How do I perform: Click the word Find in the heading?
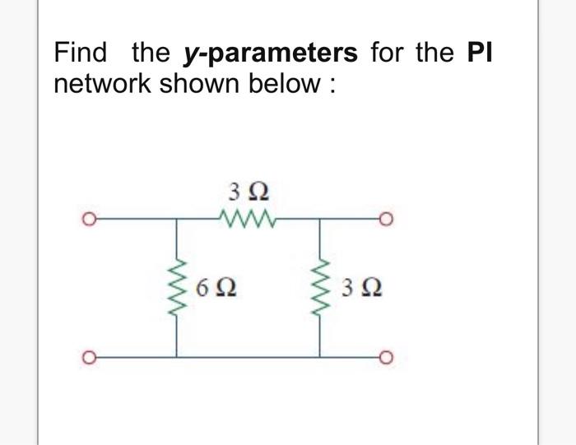click(x=81, y=53)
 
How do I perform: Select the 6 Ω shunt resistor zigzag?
click(x=177, y=287)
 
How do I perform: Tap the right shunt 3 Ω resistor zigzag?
click(x=321, y=287)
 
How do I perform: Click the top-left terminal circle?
click(x=84, y=220)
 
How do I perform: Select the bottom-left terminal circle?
click(x=84, y=357)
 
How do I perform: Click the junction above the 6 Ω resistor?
click(x=177, y=220)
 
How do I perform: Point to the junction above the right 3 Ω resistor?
click(x=321, y=220)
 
